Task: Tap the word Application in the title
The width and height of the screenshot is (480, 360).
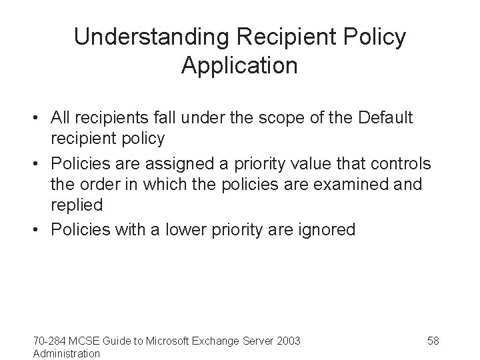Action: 239,66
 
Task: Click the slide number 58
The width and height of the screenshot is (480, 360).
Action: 433,341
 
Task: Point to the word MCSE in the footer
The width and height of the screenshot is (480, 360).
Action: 84,341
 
